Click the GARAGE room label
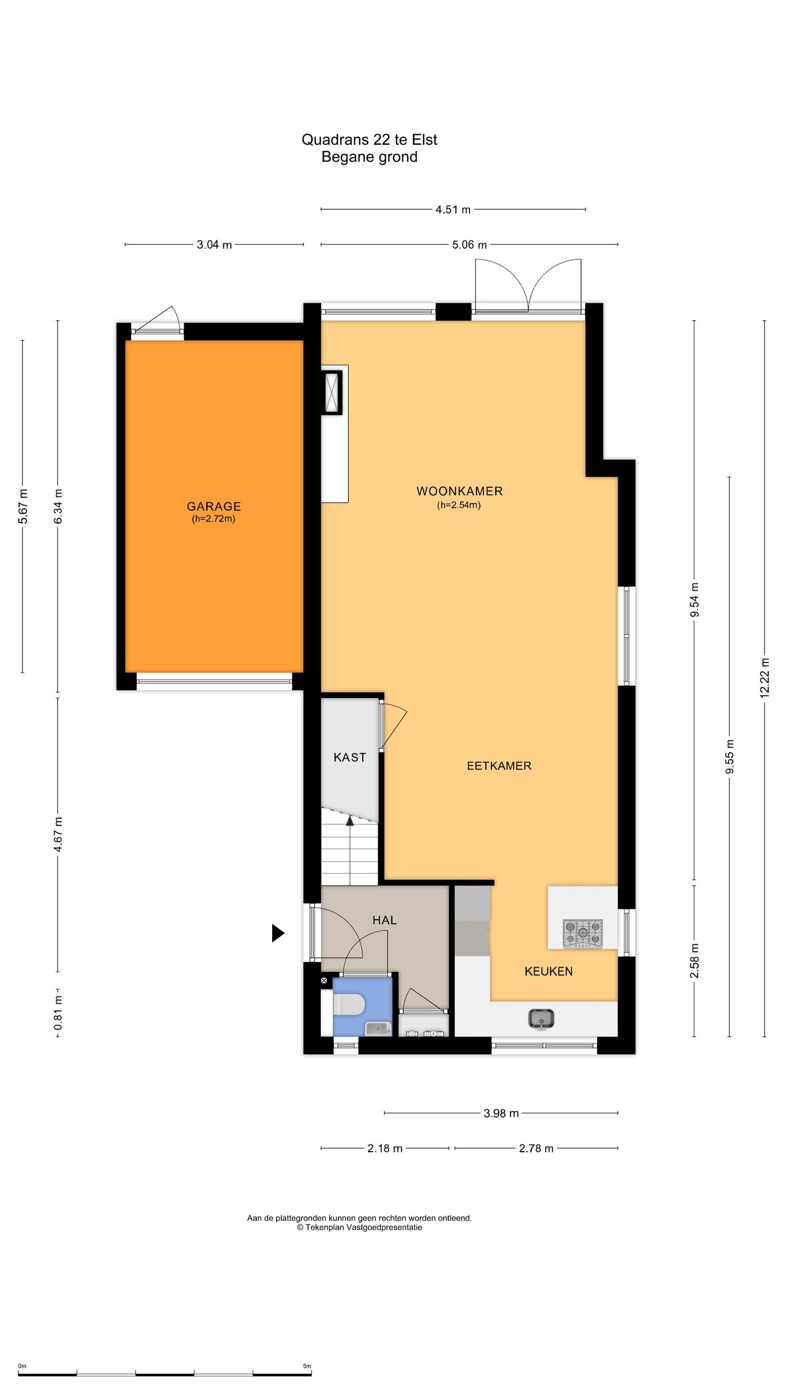(214, 506)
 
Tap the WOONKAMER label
(459, 491)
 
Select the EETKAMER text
(498, 766)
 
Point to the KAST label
(350, 757)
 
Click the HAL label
(384, 920)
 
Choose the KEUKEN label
(548, 971)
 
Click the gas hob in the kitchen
(583, 933)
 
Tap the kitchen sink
(541, 1018)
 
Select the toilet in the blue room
(349, 1004)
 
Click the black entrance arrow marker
(278, 933)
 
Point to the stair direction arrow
(350, 820)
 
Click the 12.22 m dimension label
(765, 677)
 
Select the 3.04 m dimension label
(214, 245)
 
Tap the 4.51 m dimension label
(453, 209)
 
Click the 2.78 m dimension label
(536, 1148)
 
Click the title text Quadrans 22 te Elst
(369, 140)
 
